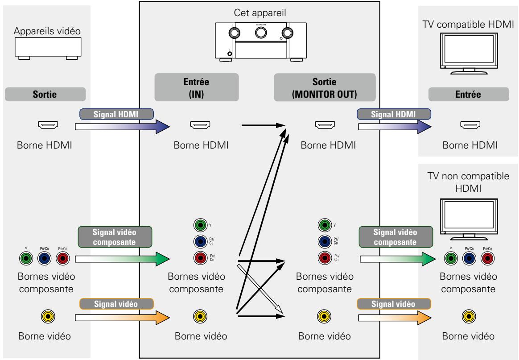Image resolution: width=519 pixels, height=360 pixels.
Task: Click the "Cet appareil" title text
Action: [x=260, y=13]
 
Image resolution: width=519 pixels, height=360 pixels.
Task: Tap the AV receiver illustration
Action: [x=261, y=42]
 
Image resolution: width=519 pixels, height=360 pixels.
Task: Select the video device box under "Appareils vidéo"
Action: [x=48, y=48]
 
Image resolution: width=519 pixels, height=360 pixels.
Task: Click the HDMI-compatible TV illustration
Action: [x=469, y=54]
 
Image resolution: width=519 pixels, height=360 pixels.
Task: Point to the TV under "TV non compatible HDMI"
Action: [x=469, y=219]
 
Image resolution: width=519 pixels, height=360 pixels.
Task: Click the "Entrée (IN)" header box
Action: [x=197, y=87]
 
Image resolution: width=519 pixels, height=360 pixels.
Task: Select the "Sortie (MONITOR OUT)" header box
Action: [x=325, y=87]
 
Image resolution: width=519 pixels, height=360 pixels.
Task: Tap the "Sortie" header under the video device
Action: [x=45, y=95]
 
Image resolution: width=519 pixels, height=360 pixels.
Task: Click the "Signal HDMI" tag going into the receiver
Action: [x=116, y=114]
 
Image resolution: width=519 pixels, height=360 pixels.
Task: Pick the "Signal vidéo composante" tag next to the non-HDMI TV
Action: [x=396, y=237]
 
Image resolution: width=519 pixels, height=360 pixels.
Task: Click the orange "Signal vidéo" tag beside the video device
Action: [x=116, y=304]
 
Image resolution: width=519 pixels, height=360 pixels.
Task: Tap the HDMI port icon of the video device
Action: [x=48, y=125]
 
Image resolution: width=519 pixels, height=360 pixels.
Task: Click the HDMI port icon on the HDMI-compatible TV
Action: [x=470, y=125]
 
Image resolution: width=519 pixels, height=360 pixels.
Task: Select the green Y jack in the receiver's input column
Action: [x=200, y=225]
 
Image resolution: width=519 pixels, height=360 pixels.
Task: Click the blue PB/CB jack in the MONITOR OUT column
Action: [x=325, y=241]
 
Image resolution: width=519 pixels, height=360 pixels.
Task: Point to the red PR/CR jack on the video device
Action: [x=63, y=258]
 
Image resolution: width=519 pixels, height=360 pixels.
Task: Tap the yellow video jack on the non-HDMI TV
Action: [x=469, y=317]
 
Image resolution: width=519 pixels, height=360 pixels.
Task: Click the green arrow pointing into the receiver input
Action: [x=123, y=259]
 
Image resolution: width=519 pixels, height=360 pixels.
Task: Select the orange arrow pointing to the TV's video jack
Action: [x=395, y=318]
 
